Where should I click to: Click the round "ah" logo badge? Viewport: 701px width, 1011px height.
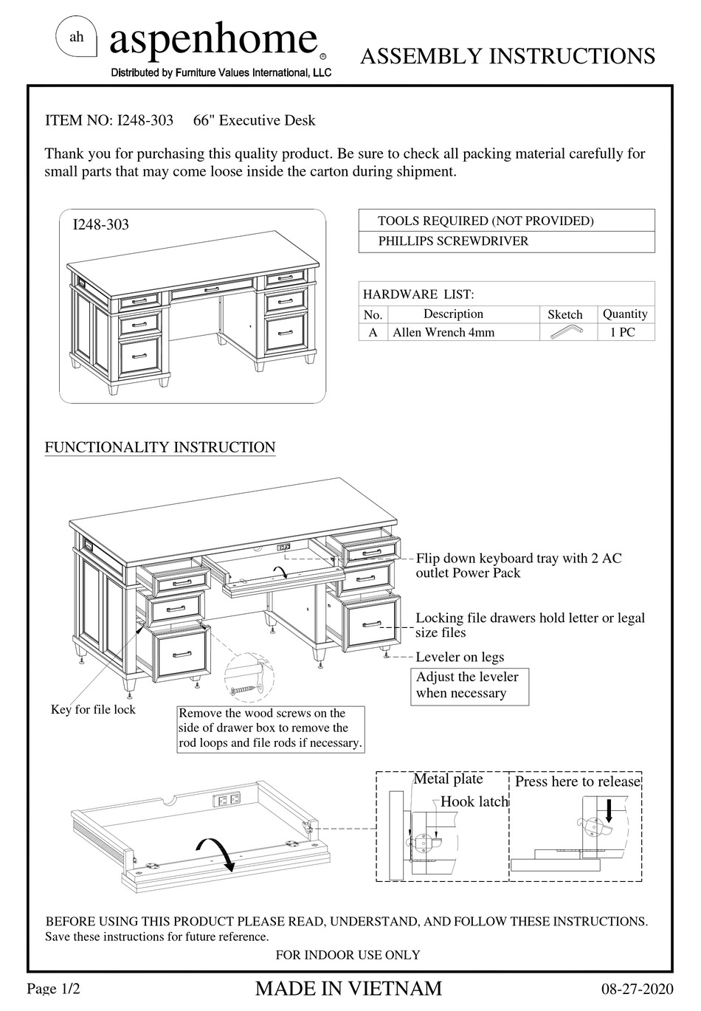pos(77,38)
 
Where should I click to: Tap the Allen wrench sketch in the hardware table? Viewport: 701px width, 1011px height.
pos(566,332)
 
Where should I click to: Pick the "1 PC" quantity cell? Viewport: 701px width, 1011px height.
pos(622,332)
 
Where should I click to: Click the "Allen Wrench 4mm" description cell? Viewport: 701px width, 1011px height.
pos(443,332)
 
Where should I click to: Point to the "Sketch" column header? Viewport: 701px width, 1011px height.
pos(564,314)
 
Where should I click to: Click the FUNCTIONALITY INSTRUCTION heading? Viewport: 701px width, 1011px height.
pos(160,447)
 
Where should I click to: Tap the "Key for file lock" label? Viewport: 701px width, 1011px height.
pos(93,709)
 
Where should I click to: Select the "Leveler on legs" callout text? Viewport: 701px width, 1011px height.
pos(460,657)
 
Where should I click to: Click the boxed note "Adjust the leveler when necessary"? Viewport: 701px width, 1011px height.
pos(469,685)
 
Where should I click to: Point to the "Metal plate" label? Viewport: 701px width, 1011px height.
pos(448,779)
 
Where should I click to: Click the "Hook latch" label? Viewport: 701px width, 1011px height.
pos(474,801)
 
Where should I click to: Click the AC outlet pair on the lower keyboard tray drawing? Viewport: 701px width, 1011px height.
pos(227,799)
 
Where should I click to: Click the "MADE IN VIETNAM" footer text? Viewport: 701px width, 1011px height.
pos(348,988)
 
